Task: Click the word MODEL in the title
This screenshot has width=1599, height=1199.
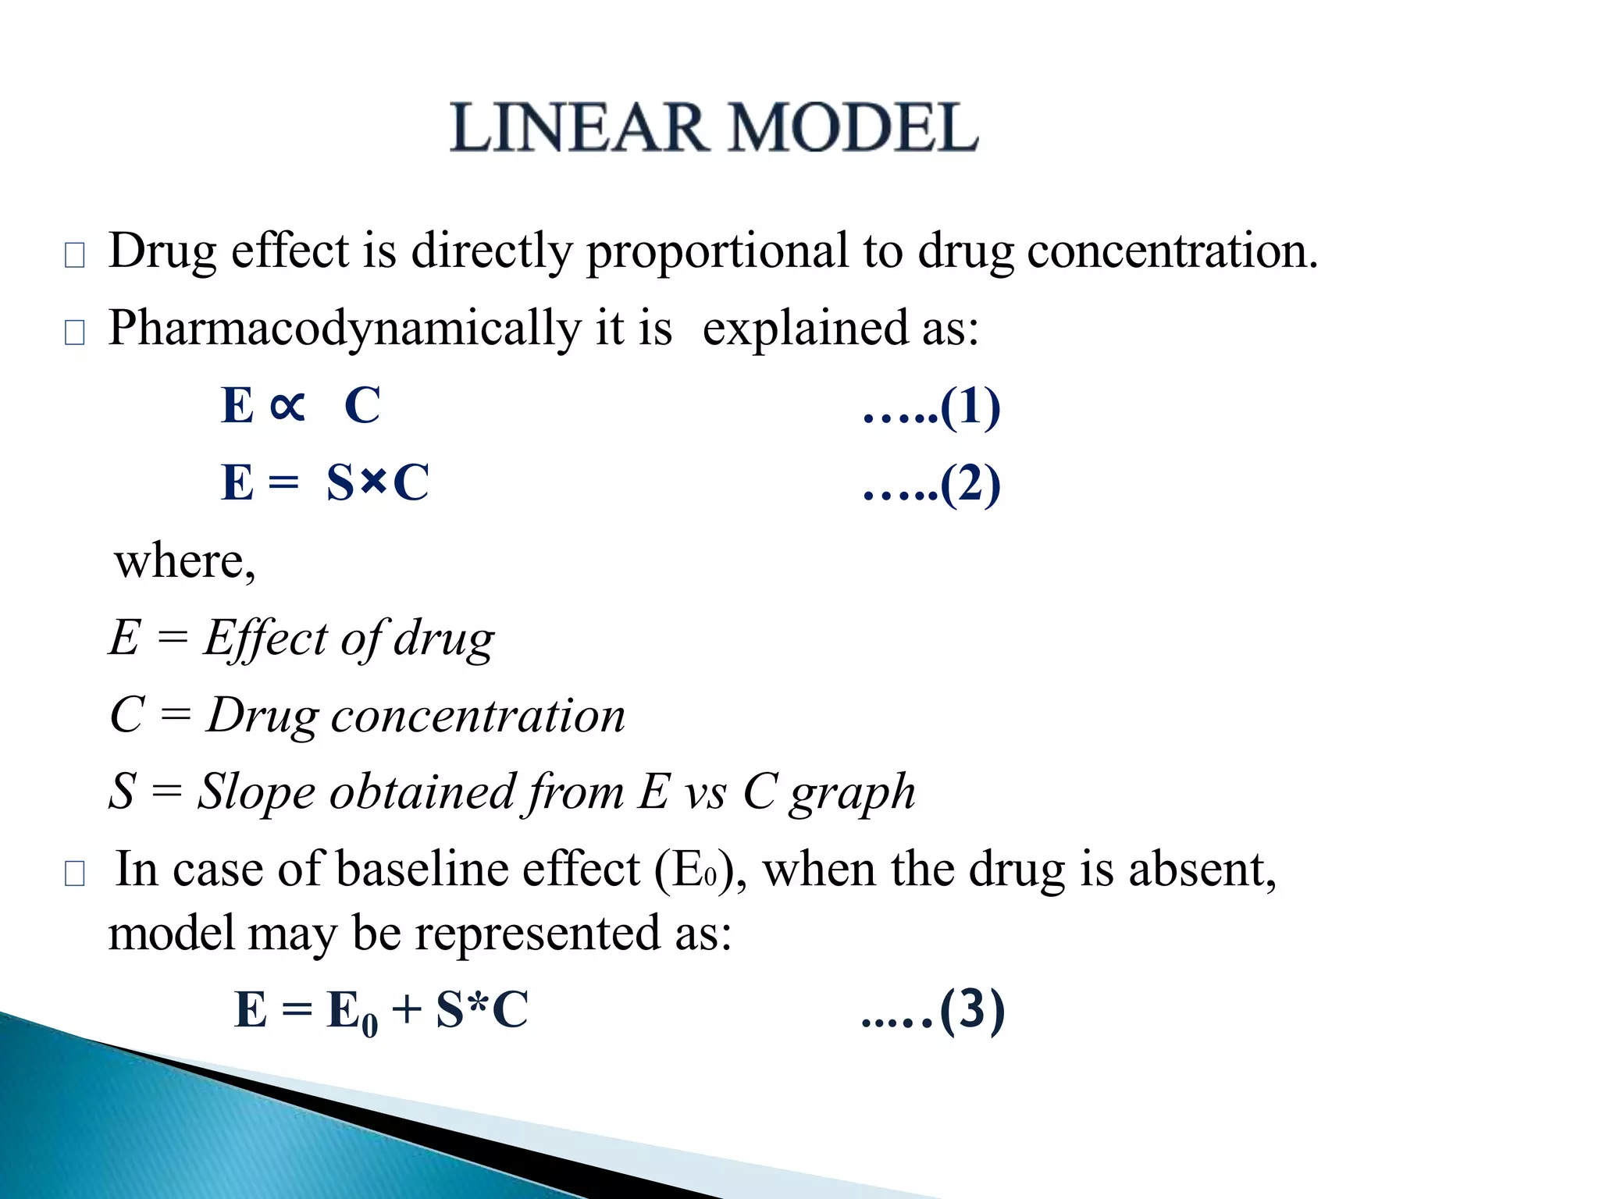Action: click(x=853, y=128)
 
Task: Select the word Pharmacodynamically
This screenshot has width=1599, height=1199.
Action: click(x=344, y=329)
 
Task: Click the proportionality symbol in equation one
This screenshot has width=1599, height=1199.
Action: click(x=287, y=406)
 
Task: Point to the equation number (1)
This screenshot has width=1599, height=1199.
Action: click(x=970, y=407)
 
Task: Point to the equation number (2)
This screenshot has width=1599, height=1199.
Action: click(x=970, y=484)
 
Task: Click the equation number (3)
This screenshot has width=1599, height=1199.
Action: click(x=972, y=1009)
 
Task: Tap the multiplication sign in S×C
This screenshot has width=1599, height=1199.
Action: click(x=374, y=482)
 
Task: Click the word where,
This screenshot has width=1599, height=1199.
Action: click(x=185, y=560)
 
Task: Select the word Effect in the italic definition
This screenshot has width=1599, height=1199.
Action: click(x=265, y=638)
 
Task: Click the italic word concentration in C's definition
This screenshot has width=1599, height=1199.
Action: click(x=478, y=715)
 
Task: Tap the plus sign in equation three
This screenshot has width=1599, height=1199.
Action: click(x=407, y=1009)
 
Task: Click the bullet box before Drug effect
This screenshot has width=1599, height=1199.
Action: click(x=75, y=255)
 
